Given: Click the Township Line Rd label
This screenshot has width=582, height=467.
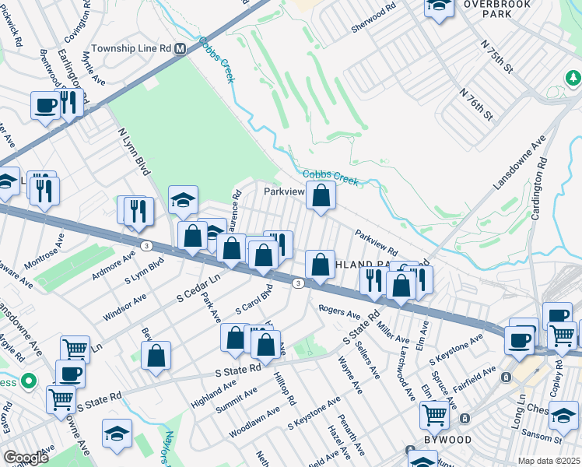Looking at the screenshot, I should [x=131, y=48].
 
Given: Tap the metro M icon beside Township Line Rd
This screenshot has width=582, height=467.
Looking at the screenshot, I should [x=181, y=48].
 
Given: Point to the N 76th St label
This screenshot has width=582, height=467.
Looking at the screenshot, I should [x=476, y=104].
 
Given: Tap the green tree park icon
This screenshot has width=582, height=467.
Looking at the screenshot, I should [x=573, y=78].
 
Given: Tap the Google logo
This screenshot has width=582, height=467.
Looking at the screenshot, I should [x=26, y=458].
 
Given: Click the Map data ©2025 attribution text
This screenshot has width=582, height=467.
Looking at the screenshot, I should [x=549, y=461].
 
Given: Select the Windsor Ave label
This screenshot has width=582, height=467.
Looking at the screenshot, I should [x=124, y=308].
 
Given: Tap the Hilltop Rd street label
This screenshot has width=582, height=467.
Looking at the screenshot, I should [x=284, y=388].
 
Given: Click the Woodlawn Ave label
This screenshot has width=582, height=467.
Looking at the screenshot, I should [x=254, y=421].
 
